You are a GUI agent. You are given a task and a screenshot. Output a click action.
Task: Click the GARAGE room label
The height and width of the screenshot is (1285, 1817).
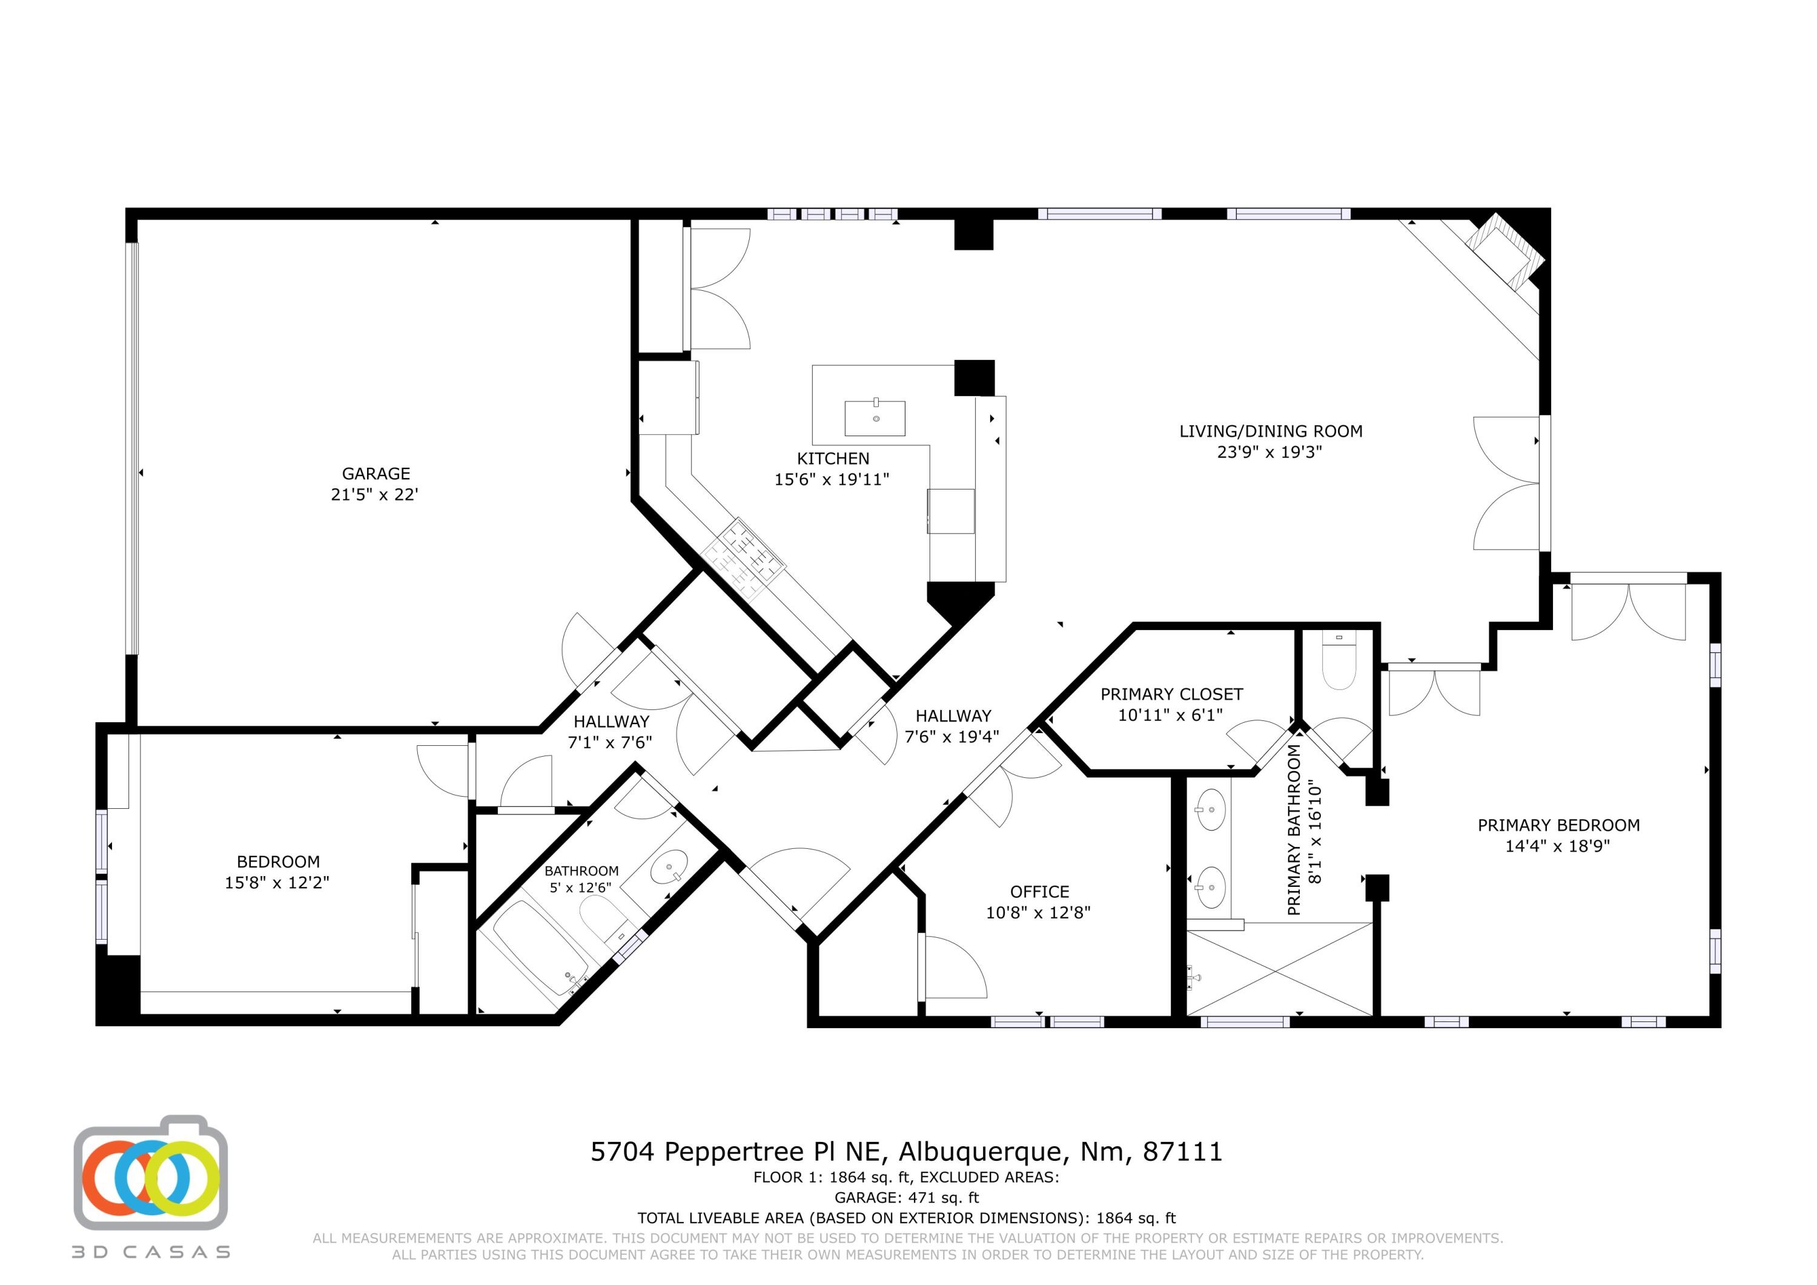376,473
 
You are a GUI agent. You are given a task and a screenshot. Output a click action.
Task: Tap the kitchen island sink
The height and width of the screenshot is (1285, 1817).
875,418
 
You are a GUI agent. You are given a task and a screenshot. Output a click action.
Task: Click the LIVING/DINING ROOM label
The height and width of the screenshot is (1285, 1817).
1271,431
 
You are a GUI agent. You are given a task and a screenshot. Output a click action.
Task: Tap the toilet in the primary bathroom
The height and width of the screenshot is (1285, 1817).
1339,663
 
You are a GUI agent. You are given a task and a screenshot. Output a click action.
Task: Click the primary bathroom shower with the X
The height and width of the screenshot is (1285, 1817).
1280,967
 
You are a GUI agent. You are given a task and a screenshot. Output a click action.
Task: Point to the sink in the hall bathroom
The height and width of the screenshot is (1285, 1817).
669,867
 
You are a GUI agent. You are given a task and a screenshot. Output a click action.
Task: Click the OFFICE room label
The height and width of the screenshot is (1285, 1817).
1039,892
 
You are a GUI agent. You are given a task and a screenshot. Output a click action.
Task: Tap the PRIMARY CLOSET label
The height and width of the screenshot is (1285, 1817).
1171,694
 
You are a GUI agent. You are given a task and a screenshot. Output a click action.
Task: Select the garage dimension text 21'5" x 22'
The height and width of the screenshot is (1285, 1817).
374,495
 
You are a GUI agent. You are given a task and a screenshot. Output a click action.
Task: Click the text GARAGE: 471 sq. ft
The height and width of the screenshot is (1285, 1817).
907,1198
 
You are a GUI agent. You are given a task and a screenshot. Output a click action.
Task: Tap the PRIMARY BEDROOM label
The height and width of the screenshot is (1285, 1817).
1558,825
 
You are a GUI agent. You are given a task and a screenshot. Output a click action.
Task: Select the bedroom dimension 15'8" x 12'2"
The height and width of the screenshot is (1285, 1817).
277,883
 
